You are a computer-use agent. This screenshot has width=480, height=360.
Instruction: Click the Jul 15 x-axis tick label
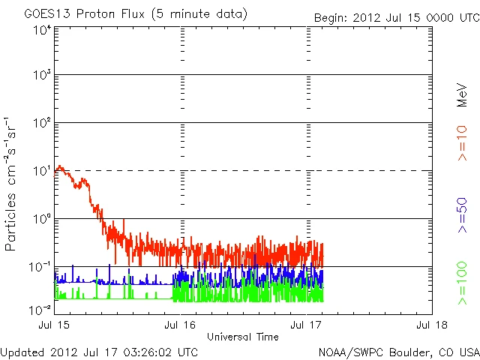[55, 325]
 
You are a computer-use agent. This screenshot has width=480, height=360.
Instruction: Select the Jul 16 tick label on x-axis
[180, 325]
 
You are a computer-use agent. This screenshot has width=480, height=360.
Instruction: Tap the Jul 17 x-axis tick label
[306, 325]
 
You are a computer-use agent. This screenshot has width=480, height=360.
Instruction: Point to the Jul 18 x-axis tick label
[431, 325]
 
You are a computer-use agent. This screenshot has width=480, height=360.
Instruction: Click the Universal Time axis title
[242, 337]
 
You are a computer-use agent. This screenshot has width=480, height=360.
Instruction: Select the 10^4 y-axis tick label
[41, 31]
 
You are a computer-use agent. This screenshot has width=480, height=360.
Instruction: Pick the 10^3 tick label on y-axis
[41, 76]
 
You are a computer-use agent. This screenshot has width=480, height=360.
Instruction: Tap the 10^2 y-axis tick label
[41, 124]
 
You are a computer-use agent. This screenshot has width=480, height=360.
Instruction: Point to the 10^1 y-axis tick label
[41, 172]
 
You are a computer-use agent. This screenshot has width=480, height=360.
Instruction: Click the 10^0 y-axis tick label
[41, 220]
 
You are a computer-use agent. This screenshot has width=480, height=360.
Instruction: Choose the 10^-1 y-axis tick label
[40, 268]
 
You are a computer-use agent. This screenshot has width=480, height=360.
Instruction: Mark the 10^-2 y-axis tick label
[40, 309]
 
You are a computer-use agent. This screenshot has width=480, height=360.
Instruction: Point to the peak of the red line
[59, 166]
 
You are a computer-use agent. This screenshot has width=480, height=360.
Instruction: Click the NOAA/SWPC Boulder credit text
[398, 352]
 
